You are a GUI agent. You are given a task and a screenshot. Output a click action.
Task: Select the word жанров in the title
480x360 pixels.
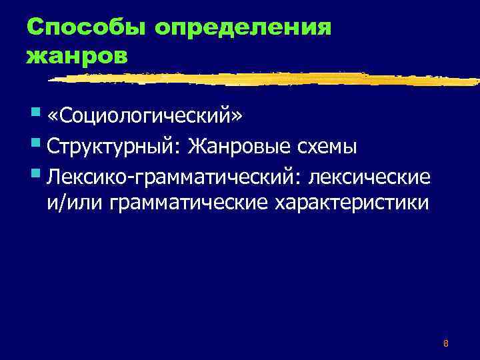(75, 56)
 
